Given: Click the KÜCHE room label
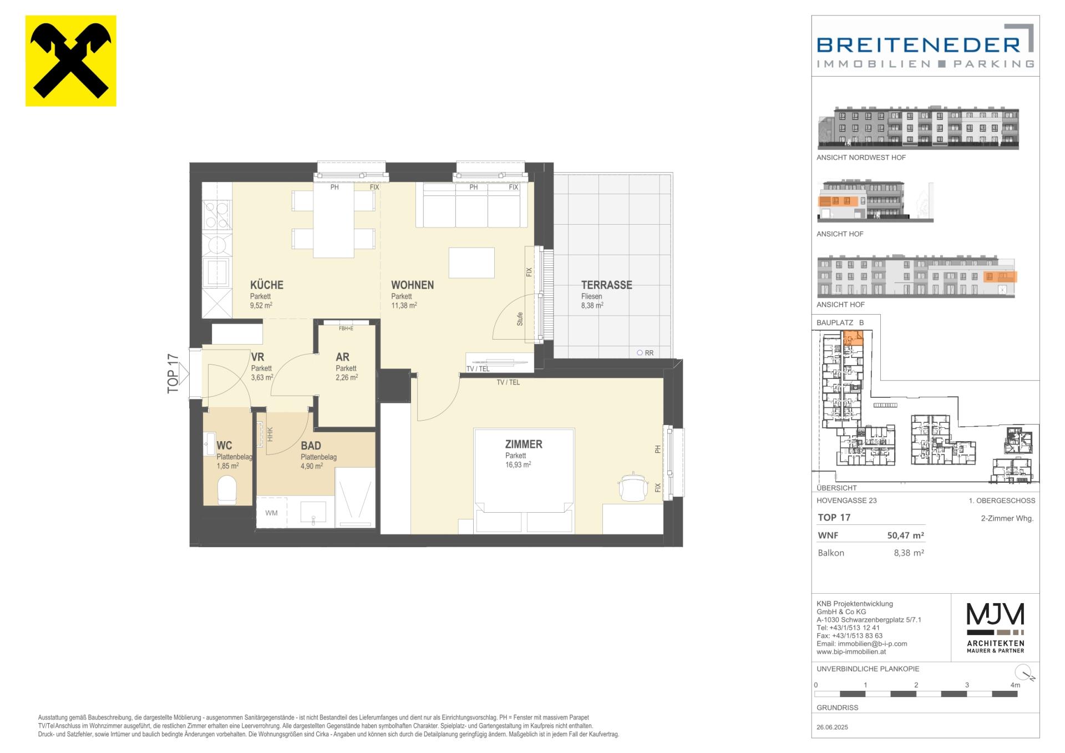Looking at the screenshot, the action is [266, 285].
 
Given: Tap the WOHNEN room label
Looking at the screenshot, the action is [412, 285].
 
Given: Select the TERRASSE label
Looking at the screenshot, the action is [606, 285].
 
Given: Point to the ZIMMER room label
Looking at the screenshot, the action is [524, 444].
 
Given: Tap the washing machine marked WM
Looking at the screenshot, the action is [271, 513].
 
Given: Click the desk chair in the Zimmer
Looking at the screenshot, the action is [633, 487].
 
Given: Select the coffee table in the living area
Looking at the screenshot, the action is [471, 262].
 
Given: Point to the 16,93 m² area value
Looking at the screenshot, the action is [518, 465].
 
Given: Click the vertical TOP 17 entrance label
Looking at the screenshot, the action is [173, 373].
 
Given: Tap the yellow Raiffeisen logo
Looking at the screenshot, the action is [71, 60].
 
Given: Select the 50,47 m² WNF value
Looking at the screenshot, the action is [905, 535].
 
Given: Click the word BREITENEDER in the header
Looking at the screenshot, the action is [919, 45].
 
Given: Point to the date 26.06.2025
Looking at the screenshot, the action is [832, 727].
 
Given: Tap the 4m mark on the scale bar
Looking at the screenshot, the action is [1015, 685].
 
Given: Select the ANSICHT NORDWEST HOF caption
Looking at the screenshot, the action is [861, 158].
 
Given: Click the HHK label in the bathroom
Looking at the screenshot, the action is [270, 433].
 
